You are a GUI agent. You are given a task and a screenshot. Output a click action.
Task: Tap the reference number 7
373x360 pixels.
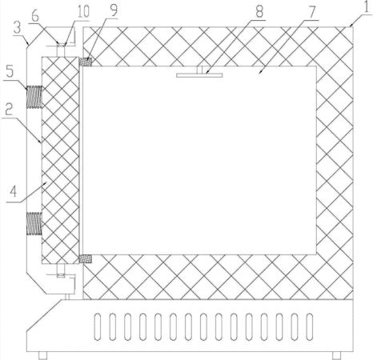(311, 12)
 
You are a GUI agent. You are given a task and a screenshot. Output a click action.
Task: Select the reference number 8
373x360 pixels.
(259, 11)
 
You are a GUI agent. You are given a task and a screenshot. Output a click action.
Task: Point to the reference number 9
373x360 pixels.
(114, 10)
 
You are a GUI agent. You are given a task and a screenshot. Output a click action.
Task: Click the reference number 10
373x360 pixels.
(83, 12)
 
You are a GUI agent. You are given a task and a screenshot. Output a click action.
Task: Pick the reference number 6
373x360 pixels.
(35, 16)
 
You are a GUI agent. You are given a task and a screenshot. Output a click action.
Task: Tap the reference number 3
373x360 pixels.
(18, 28)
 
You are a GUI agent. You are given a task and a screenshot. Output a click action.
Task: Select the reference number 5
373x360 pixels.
(10, 71)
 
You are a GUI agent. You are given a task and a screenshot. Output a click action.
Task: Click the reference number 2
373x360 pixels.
(9, 109)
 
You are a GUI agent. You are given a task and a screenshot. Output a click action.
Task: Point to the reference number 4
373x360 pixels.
(14, 191)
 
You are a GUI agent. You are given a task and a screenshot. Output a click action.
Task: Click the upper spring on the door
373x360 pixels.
(34, 97)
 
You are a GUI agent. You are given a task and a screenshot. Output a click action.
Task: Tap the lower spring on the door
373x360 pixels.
(34, 223)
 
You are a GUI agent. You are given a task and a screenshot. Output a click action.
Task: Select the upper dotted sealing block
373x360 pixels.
(86, 62)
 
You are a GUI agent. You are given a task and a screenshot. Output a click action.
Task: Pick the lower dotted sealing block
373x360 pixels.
(86, 258)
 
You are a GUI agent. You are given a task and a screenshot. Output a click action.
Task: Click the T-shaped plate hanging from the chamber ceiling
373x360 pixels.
(199, 72)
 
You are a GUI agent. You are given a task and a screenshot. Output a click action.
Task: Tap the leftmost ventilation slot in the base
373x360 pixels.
(98, 327)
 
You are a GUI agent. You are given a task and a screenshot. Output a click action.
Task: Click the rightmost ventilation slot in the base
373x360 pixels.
(310, 327)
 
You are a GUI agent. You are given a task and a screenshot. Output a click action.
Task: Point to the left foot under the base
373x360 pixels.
(42, 355)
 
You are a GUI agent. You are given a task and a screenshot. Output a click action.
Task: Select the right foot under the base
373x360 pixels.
(336, 355)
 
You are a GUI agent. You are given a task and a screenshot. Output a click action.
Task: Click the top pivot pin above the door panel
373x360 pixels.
(61, 50)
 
